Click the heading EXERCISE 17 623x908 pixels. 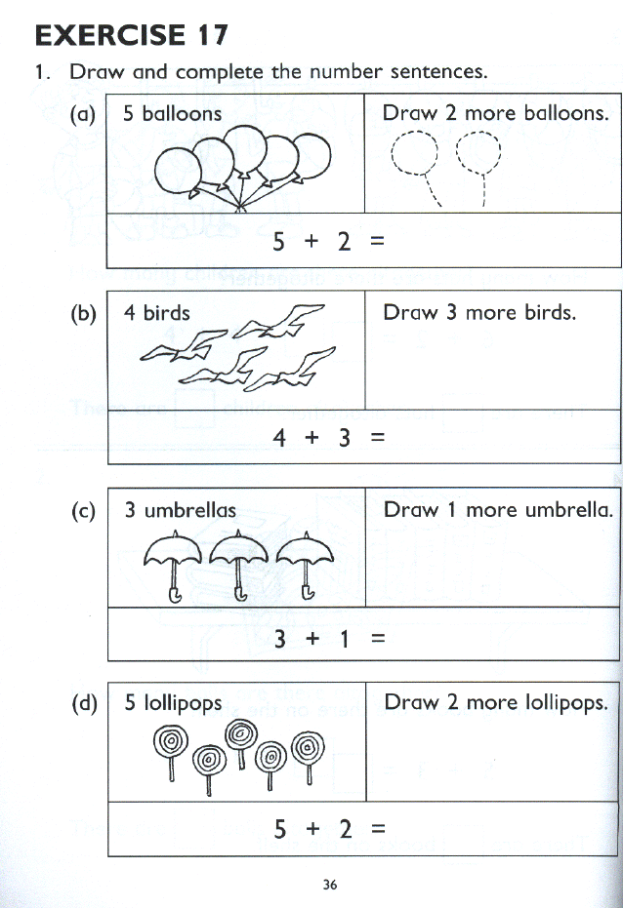(x=132, y=36)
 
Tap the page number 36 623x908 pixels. (x=329, y=885)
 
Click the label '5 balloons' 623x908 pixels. (x=173, y=113)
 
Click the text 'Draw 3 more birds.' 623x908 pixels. (x=479, y=313)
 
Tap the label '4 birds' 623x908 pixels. (x=157, y=313)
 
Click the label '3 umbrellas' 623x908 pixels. (x=180, y=509)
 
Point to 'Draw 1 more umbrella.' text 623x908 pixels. (x=498, y=509)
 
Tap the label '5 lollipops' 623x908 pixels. (x=173, y=702)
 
